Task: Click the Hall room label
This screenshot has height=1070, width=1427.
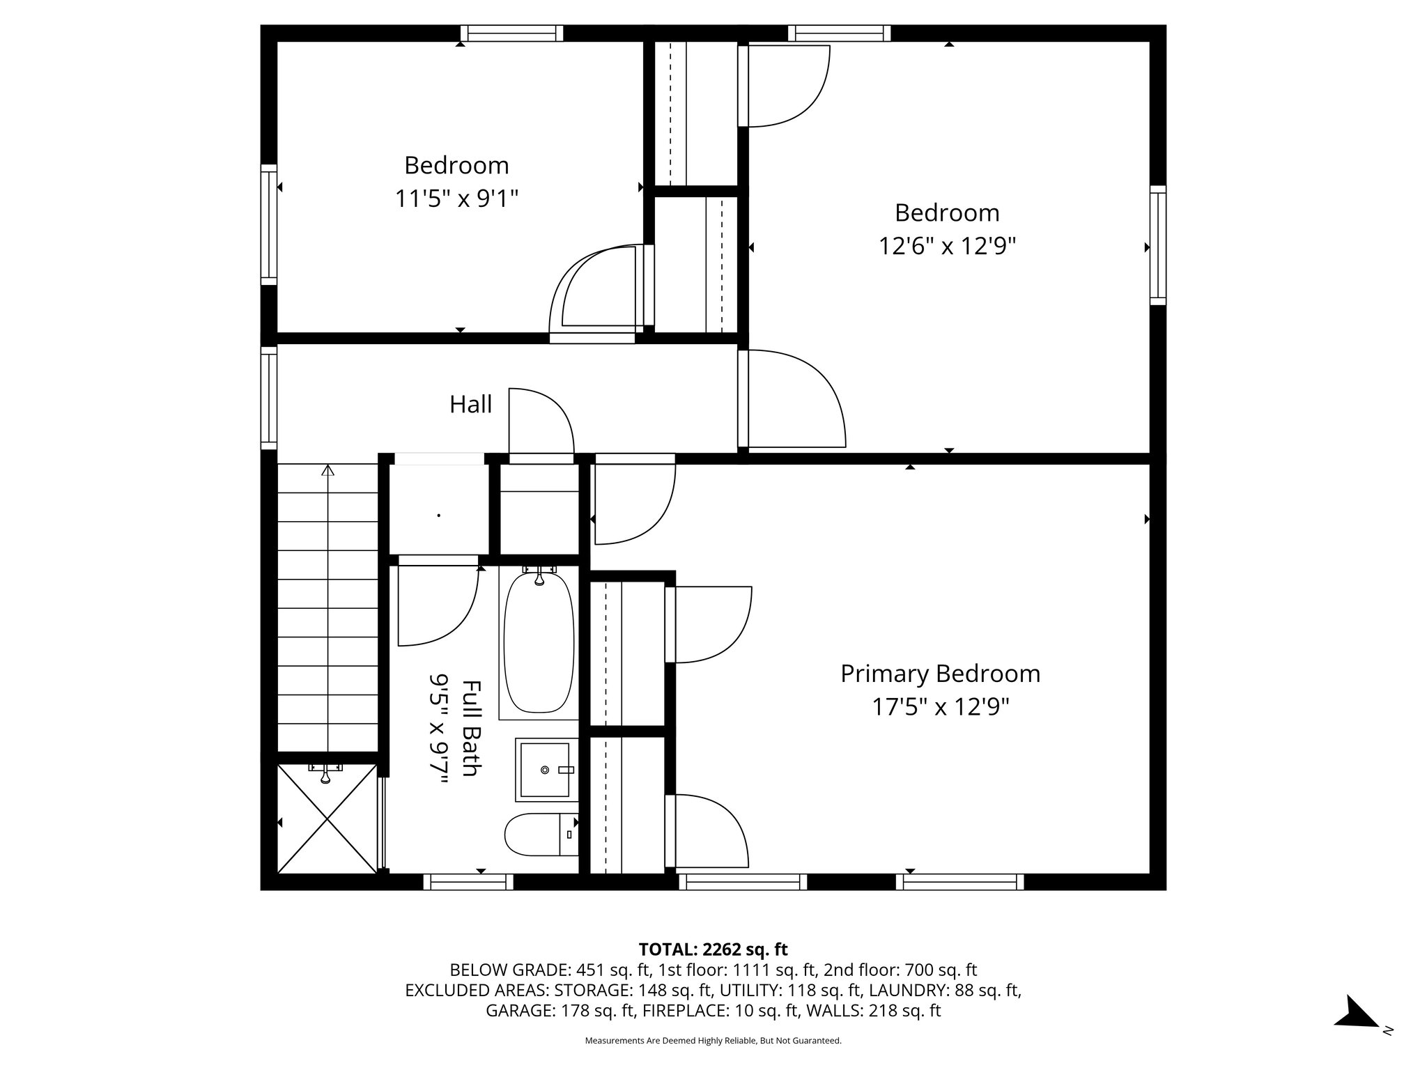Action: (470, 405)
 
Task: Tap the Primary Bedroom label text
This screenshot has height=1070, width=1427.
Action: (940, 674)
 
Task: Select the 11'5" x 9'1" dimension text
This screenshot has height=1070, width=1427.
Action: (456, 199)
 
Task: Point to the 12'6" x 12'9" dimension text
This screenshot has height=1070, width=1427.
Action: (947, 247)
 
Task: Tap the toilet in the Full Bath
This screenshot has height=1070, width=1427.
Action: (540, 835)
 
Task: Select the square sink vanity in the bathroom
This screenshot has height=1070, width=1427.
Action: (547, 770)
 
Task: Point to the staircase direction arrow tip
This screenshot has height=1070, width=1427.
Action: (327, 470)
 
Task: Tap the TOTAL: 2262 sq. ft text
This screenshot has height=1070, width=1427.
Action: (713, 949)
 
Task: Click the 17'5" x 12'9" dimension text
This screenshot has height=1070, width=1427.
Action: (940, 708)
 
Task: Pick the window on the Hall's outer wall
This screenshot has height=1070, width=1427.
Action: (269, 398)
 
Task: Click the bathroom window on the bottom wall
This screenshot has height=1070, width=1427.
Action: (468, 882)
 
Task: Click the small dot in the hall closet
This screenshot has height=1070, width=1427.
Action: (438, 515)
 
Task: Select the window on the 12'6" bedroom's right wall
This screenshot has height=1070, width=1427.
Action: (1157, 245)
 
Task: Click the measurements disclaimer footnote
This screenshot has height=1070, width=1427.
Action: (713, 1041)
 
